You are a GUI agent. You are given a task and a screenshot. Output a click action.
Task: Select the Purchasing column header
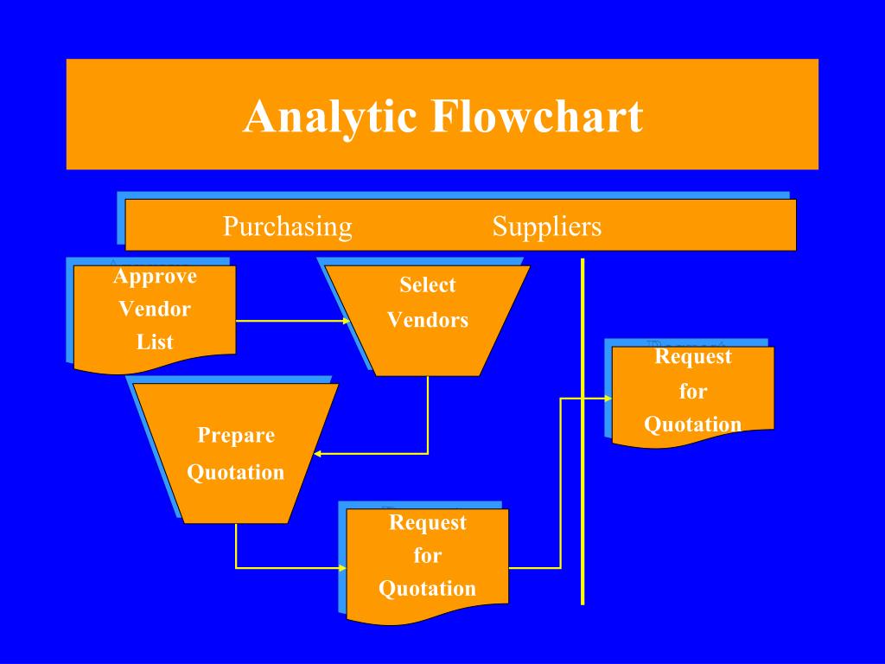[288, 227]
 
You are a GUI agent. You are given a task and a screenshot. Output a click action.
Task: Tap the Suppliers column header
[547, 227]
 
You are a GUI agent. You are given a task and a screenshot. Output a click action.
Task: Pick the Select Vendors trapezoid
[428, 320]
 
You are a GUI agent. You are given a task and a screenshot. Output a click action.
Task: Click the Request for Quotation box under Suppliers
[693, 393]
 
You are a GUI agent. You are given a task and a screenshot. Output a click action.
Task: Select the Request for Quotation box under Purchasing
[428, 562]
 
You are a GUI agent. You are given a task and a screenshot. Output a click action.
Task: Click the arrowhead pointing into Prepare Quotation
[317, 453]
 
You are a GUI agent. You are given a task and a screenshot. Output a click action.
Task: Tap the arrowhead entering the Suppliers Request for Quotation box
[608, 399]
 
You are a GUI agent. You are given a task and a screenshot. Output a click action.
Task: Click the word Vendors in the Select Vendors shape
[428, 320]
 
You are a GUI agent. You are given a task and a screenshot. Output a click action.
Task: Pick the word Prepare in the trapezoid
[236, 435]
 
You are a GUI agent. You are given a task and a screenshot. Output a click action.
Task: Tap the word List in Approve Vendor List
[155, 342]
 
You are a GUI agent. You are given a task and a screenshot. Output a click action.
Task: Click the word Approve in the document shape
[155, 277]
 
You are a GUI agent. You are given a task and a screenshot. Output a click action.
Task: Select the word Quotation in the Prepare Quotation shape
[236, 472]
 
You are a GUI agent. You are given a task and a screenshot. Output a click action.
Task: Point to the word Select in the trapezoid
[428, 285]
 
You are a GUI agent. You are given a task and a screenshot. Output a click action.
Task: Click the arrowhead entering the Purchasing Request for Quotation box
[342, 568]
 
